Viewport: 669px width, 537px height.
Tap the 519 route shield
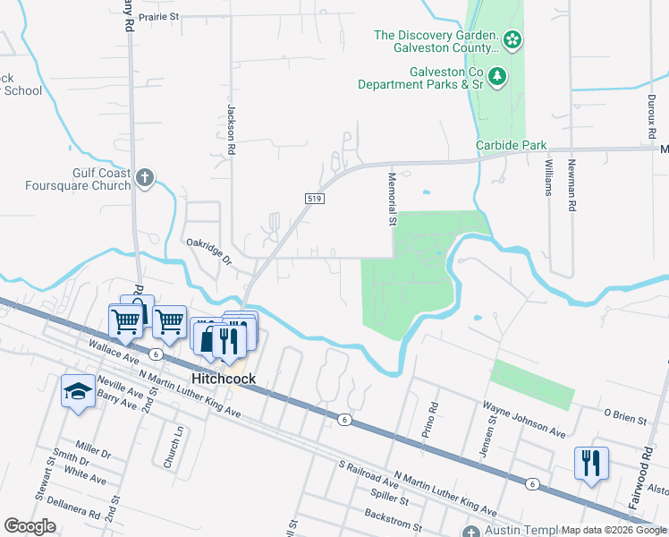tap(312, 199)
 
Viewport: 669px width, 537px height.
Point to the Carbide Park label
tap(511, 145)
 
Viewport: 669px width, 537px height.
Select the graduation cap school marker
tap(78, 391)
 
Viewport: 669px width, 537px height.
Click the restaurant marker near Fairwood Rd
tap(591, 463)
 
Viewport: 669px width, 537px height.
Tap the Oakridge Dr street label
tap(208, 252)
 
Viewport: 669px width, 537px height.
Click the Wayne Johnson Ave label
tap(524, 419)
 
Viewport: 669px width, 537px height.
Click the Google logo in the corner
tap(30, 525)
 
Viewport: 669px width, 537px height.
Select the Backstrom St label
tap(393, 518)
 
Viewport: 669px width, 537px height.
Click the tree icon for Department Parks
tap(498, 77)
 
